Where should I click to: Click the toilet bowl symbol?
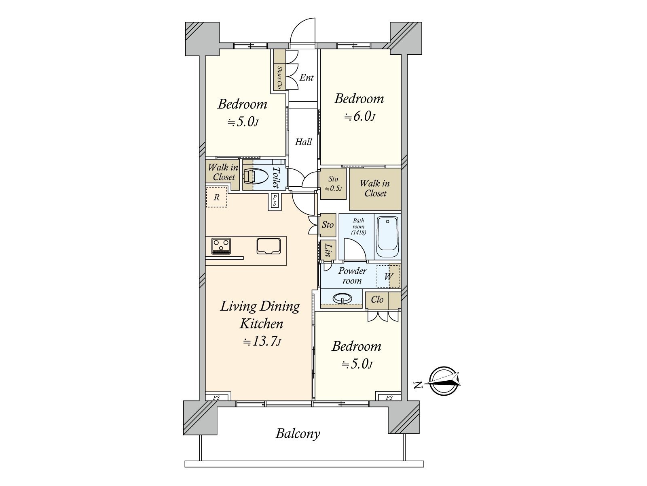pyautogui.click(x=255, y=177)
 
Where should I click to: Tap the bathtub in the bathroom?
pyautogui.click(x=388, y=237)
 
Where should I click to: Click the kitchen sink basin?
pyautogui.click(x=269, y=246)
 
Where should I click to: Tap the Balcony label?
pyautogui.click(x=298, y=434)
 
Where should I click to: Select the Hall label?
pyautogui.click(x=303, y=142)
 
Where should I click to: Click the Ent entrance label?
pyautogui.click(x=307, y=78)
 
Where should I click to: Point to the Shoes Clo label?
pyautogui.click(x=279, y=78)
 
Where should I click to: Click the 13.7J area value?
pyautogui.click(x=262, y=341)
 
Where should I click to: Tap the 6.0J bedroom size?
pyautogui.click(x=359, y=117)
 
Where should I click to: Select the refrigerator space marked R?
pyautogui.click(x=217, y=197)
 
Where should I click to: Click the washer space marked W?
pyautogui.click(x=388, y=276)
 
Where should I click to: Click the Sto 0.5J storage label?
pyautogui.click(x=333, y=183)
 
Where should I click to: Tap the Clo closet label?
pyautogui.click(x=377, y=300)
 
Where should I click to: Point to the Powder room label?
pyautogui.click(x=352, y=276)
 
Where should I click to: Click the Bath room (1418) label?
pyautogui.click(x=358, y=226)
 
